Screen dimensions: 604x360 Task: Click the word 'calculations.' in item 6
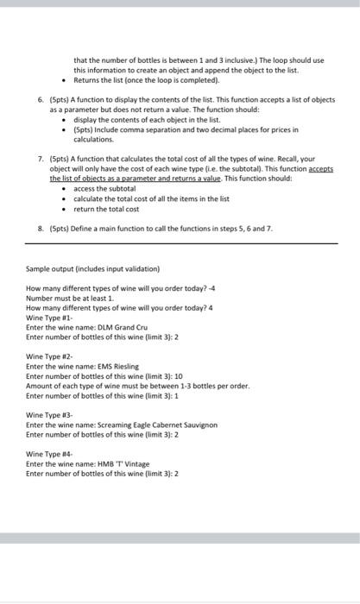93,138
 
